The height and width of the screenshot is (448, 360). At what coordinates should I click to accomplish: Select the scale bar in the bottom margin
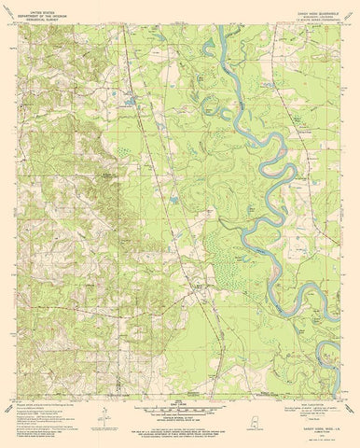[x=180, y=403]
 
